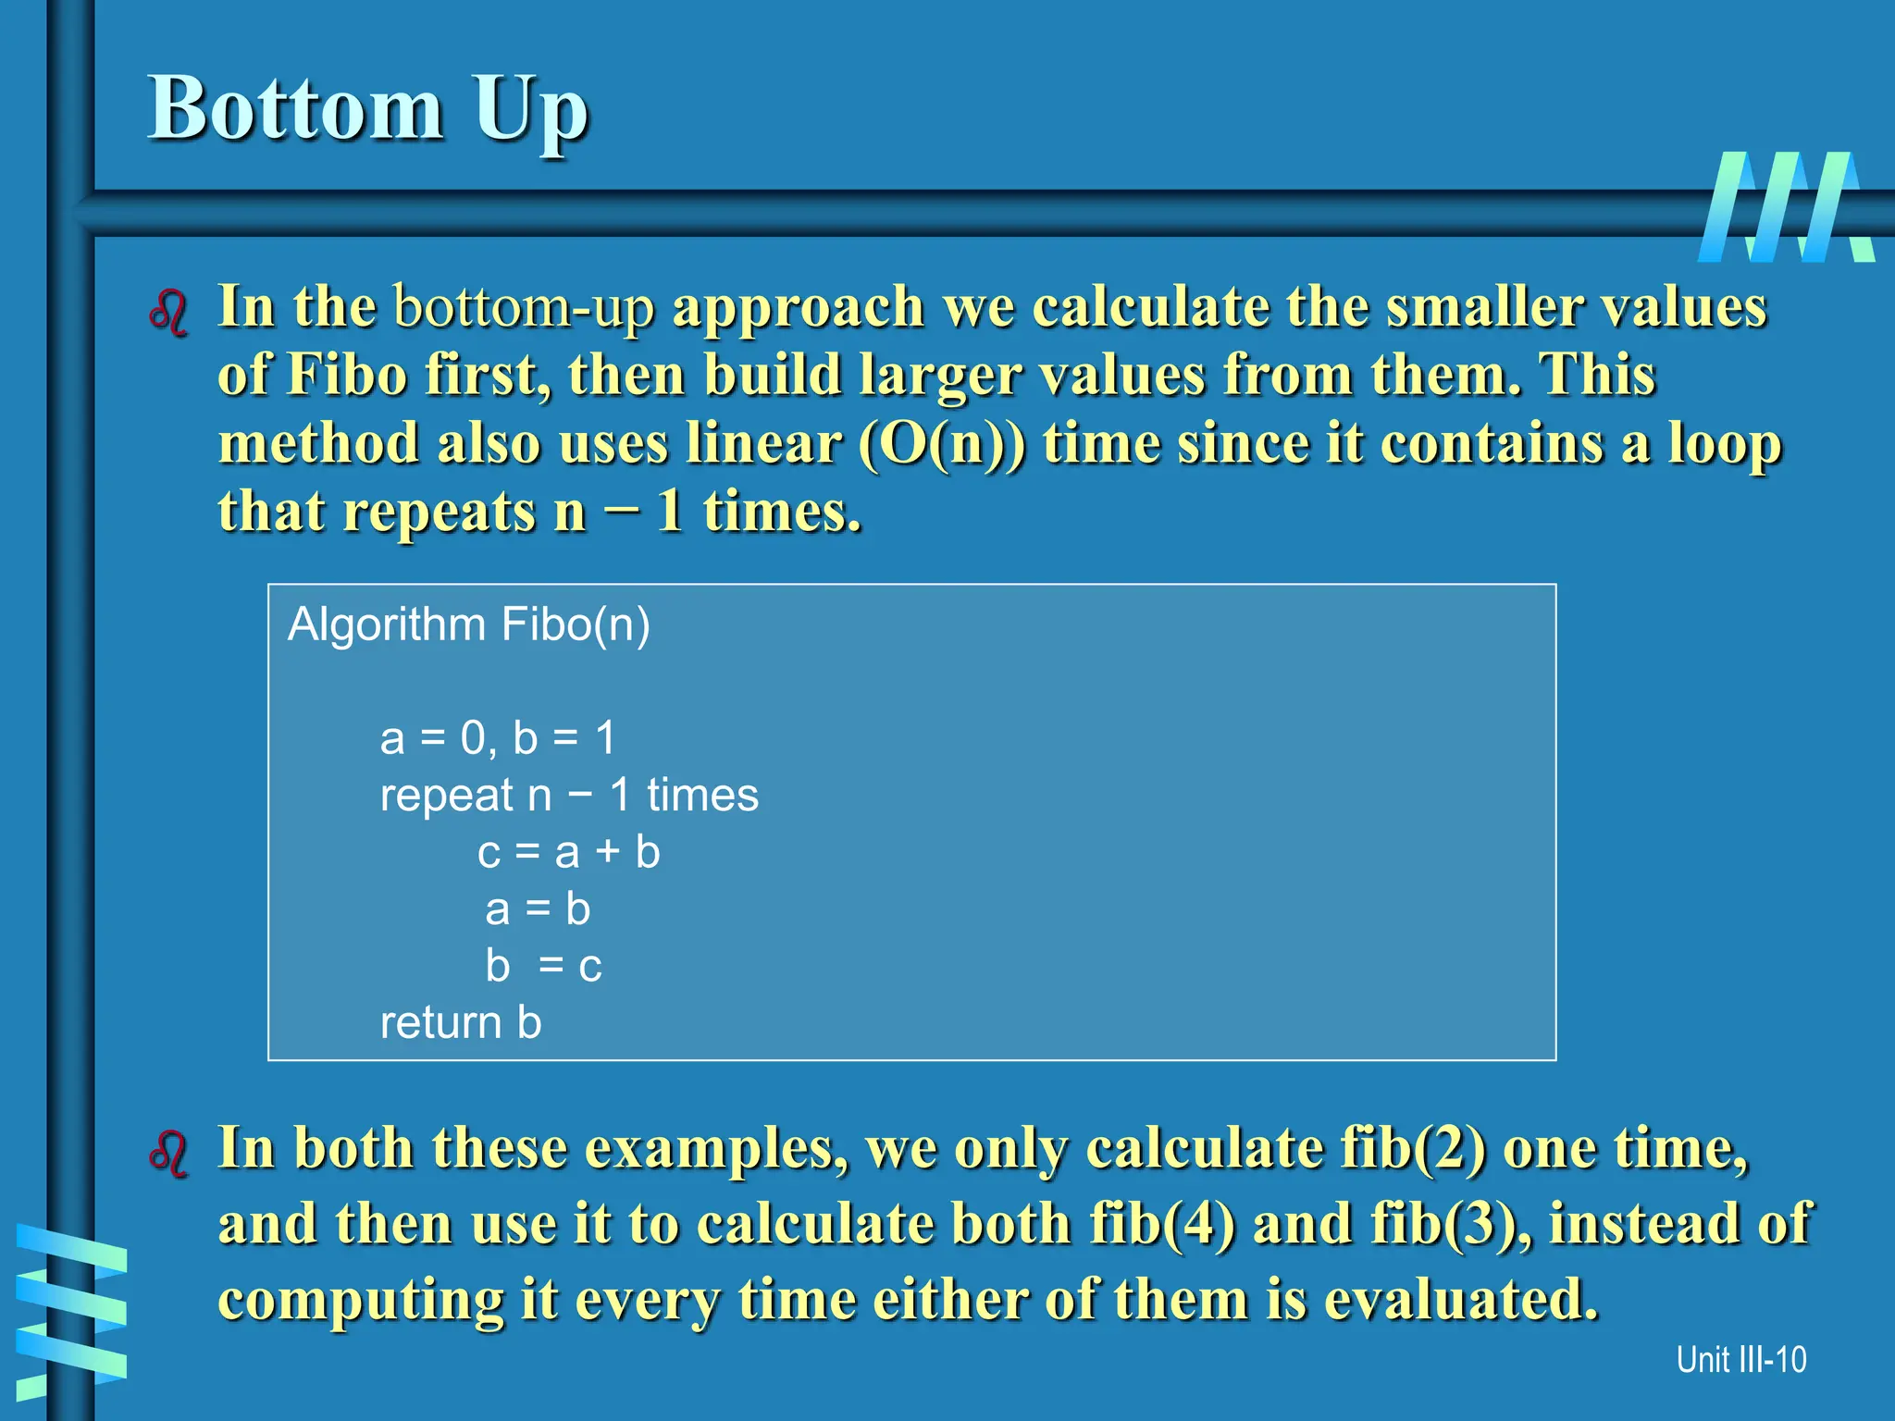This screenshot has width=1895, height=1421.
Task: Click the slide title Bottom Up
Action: pyautogui.click(x=368, y=109)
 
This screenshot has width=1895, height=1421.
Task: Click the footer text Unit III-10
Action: pyautogui.click(x=1740, y=1360)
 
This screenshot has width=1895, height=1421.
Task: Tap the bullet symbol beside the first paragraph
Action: pyautogui.click(x=168, y=313)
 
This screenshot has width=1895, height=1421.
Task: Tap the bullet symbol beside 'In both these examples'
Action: pyautogui.click(x=168, y=1154)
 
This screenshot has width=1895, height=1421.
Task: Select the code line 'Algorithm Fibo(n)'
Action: pyautogui.click(x=469, y=624)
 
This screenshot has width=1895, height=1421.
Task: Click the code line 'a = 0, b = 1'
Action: pyautogui.click(x=498, y=738)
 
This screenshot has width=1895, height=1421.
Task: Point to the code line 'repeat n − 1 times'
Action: pyautogui.click(x=569, y=795)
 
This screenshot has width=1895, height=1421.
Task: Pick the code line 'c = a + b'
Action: pyautogui.click(x=568, y=852)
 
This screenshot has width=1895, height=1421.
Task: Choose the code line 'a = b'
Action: pyautogui.click(x=538, y=909)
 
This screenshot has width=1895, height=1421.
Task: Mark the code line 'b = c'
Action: pyautogui.click(x=544, y=967)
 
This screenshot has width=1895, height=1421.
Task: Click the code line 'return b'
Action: pyautogui.click(x=461, y=1023)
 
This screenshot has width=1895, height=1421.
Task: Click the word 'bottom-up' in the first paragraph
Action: pyautogui.click(x=524, y=307)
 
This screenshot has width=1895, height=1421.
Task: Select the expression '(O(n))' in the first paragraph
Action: pyautogui.click(x=942, y=444)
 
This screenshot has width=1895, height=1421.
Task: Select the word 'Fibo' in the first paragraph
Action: pyautogui.click(x=347, y=376)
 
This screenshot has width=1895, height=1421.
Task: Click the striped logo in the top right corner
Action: pyautogui.click(x=1786, y=207)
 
